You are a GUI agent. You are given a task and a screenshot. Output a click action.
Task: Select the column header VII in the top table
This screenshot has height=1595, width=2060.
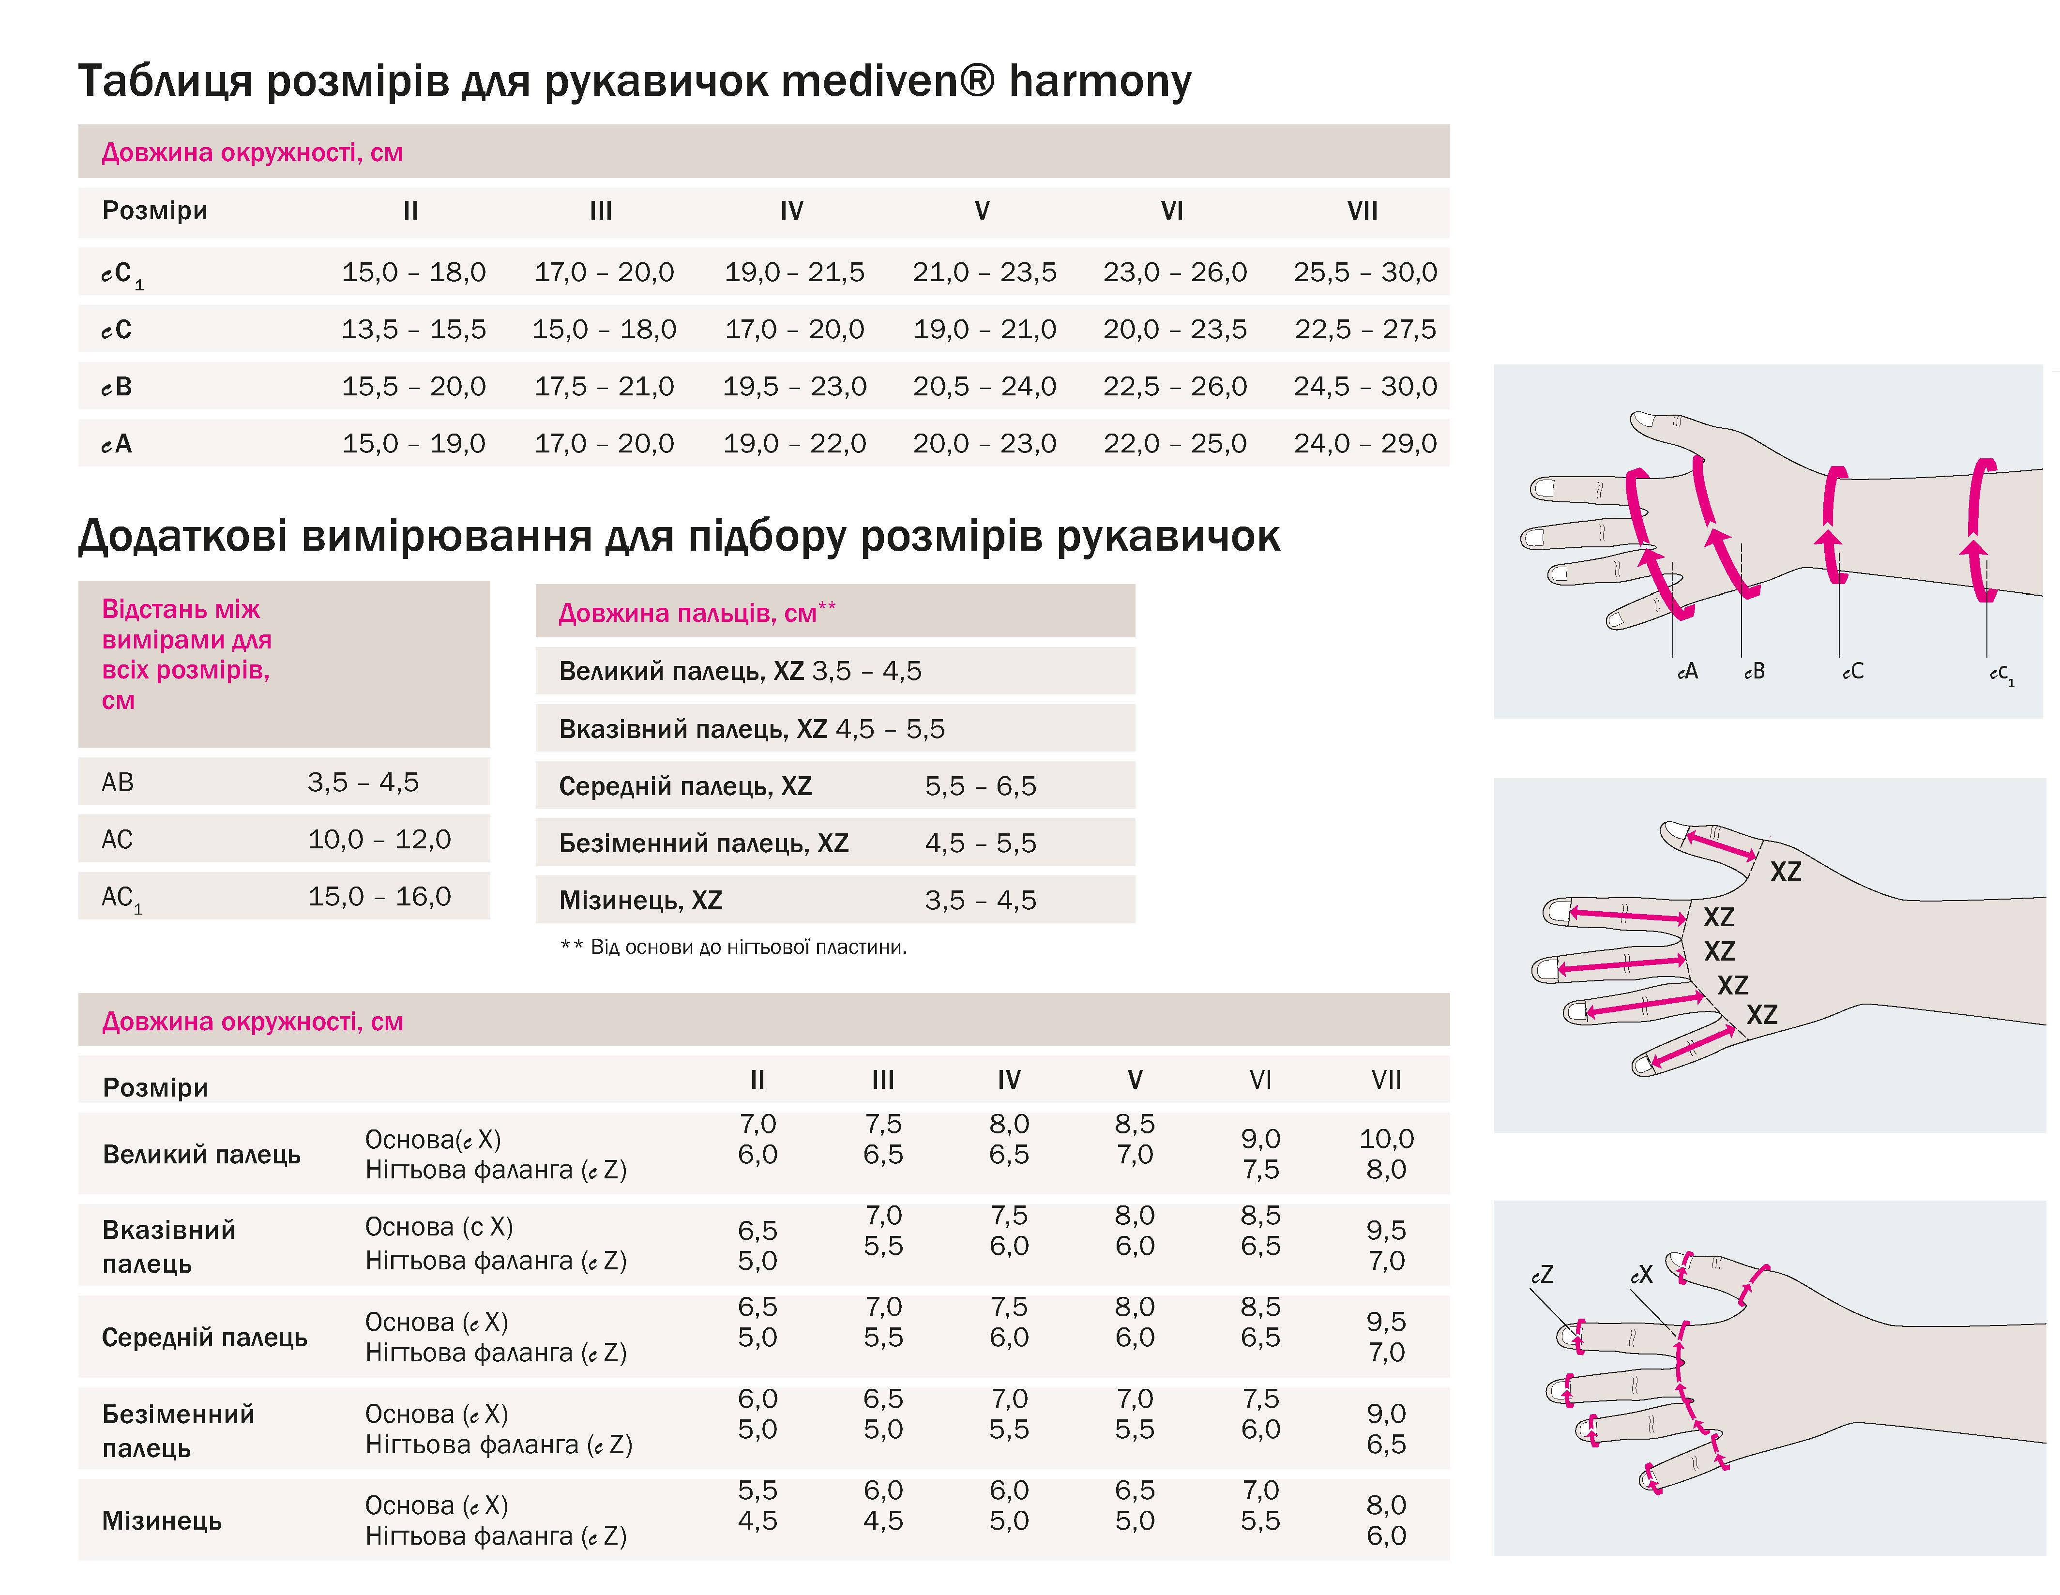[1362, 211]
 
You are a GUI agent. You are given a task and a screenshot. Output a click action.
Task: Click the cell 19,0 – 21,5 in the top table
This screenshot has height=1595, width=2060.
[794, 272]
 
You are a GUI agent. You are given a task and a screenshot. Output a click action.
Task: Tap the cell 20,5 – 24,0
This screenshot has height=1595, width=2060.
[984, 387]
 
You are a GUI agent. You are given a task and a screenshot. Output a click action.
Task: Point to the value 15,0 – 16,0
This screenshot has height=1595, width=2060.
[379, 896]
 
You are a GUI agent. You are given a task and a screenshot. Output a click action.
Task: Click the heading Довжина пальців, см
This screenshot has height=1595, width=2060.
[696, 613]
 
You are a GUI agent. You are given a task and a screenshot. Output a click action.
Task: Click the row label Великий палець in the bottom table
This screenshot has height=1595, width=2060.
[201, 1155]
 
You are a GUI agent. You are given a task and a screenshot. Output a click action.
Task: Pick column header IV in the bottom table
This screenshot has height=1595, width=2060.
[1008, 1080]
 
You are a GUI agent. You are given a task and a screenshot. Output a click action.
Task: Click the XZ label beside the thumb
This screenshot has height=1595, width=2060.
[1785, 872]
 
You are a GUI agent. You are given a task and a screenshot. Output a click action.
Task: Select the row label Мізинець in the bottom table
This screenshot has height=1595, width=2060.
[161, 1520]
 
